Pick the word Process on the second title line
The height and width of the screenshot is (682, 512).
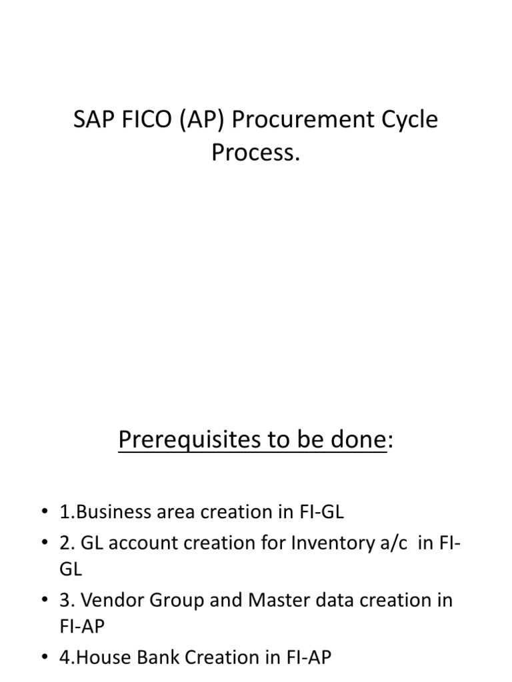coord(252,153)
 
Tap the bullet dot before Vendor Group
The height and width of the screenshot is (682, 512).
coord(45,601)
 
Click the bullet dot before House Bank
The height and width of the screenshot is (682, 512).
coord(45,658)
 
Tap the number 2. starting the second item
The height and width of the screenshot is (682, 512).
coord(66,543)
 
